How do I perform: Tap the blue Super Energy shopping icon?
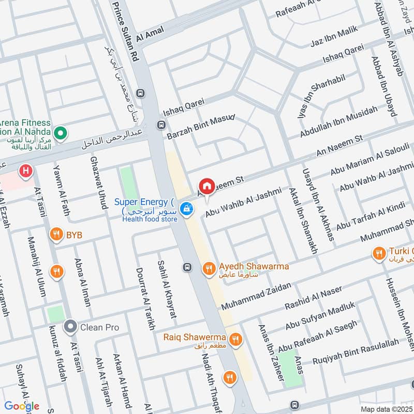(187, 209)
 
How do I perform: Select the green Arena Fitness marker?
(61, 134)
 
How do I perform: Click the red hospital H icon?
(24, 170)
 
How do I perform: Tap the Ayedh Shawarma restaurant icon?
(209, 267)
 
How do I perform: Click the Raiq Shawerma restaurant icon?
(235, 339)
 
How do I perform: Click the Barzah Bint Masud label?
(201, 126)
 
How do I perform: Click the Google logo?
(22, 406)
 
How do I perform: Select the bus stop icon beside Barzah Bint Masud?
(161, 125)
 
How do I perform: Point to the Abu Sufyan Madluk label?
(320, 316)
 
